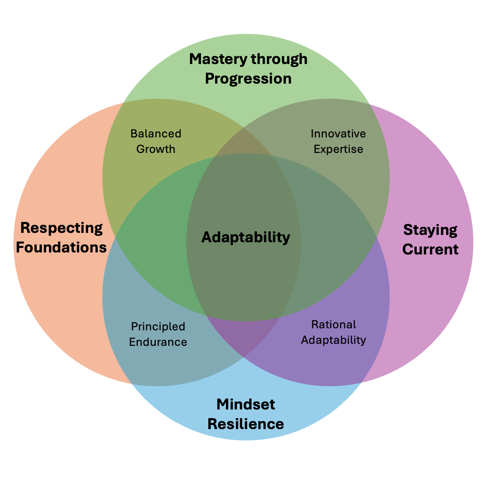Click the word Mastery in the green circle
tap(218, 60)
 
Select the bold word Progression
tap(248, 79)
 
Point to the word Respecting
tap(62, 228)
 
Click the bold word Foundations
tap(61, 247)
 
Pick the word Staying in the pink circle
tap(430, 230)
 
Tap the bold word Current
tap(430, 249)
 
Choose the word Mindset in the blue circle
tap(245, 404)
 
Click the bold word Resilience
tap(245, 424)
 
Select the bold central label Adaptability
tap(245, 237)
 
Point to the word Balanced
tap(156, 134)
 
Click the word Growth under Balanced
tap(156, 149)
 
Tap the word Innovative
tap(338, 134)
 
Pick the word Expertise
tap(338, 149)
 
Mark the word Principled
tap(158, 327)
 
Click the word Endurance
tap(158, 342)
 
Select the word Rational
tap(334, 325)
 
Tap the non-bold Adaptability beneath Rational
tap(334, 340)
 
